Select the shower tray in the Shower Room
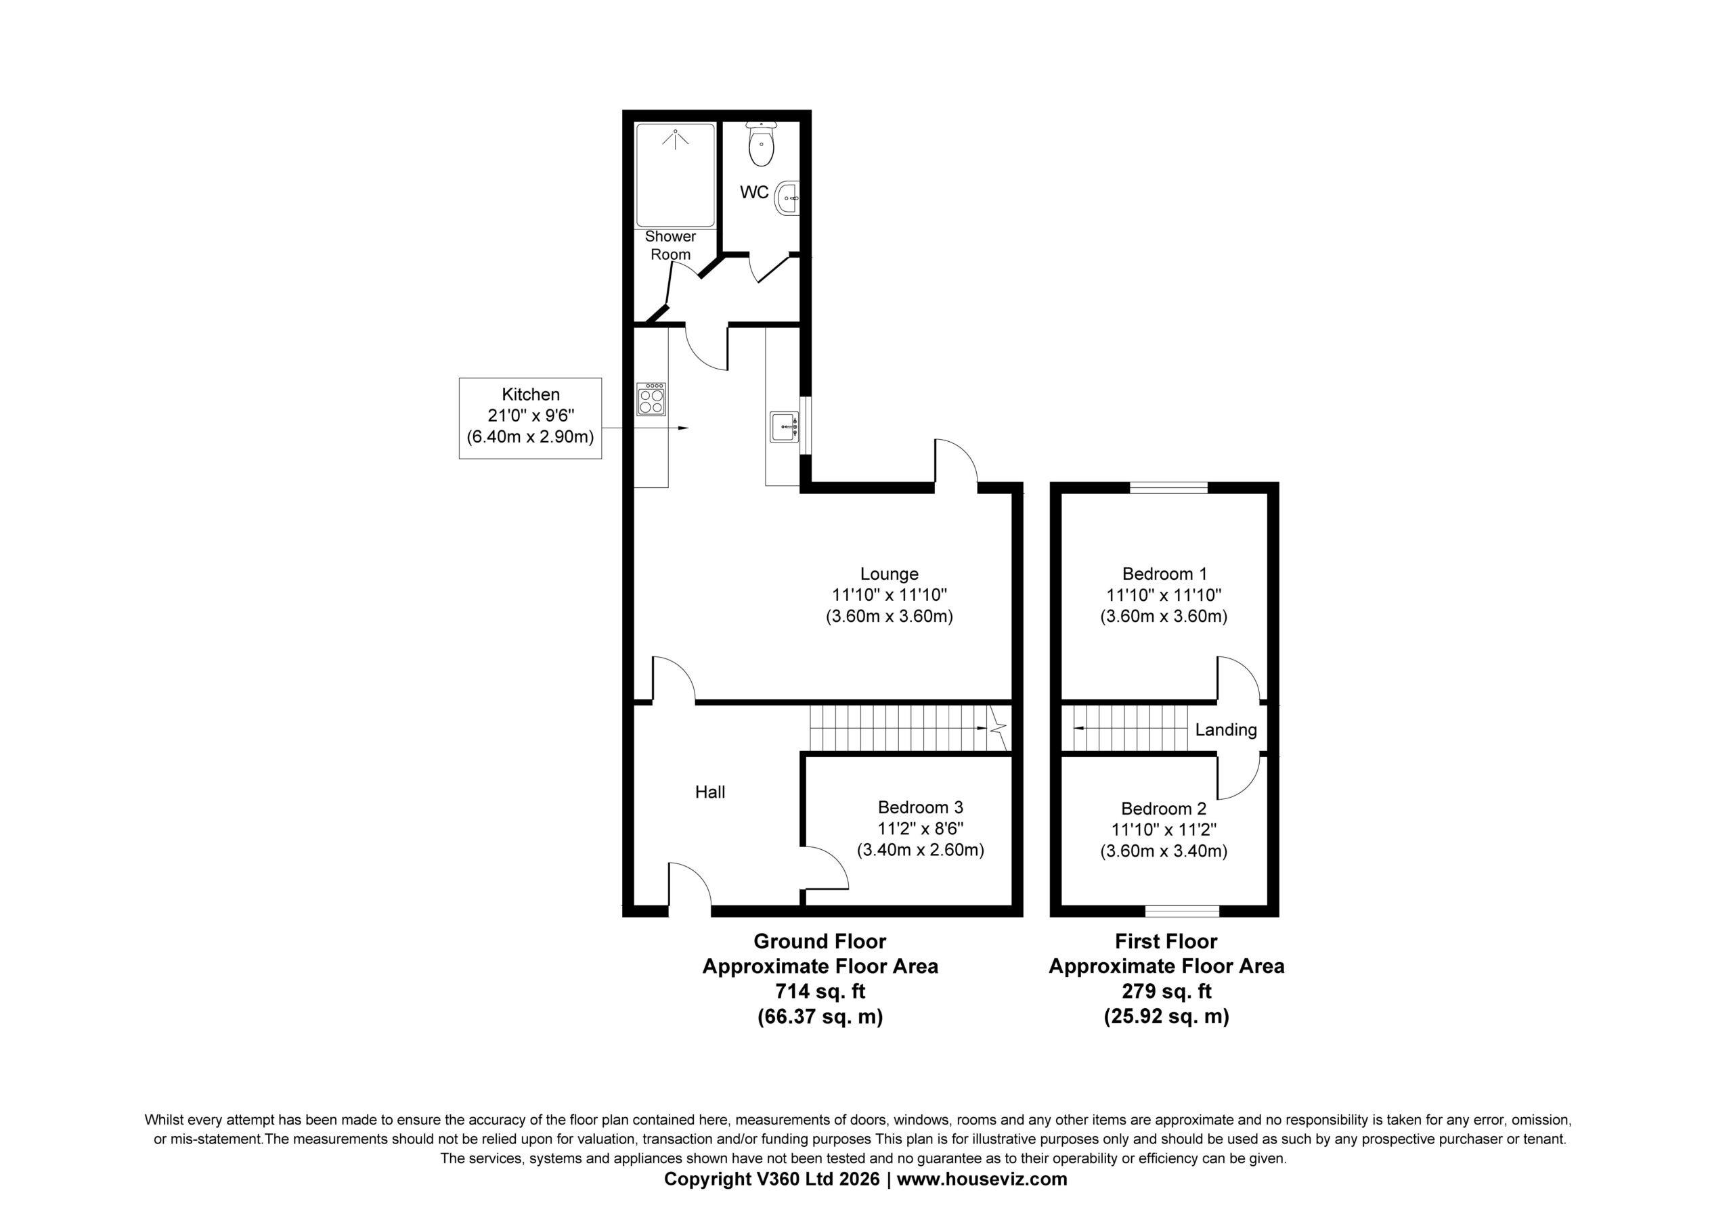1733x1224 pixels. coord(675,175)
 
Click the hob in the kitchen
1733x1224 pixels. coord(651,399)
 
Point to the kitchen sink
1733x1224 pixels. coord(784,426)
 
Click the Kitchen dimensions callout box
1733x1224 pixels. coord(531,418)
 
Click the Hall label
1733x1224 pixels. coord(710,792)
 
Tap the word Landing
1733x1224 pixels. coord(1226,729)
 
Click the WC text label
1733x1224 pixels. coord(754,192)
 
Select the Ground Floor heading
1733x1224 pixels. coord(820,942)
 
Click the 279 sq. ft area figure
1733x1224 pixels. coord(1166,991)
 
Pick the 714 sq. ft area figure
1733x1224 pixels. coord(820,991)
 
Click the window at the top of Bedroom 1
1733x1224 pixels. coord(1168,487)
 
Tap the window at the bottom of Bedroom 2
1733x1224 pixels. coord(1183,911)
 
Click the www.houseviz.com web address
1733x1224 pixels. coord(982,1179)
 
